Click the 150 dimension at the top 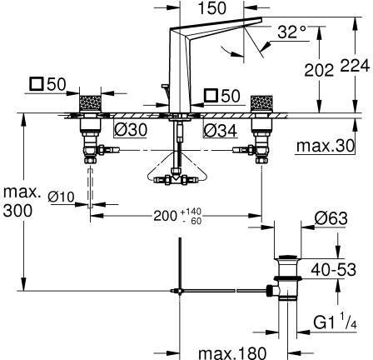pos(212,8)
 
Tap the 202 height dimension pos(319,70)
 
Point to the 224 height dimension pos(355,66)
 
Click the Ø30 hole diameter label pos(131,129)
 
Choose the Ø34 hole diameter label pos(221,130)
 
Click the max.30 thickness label pos(326,145)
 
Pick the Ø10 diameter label pos(61,197)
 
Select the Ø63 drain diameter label pos(331,218)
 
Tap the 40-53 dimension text pos(333,269)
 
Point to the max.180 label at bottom pos(232,353)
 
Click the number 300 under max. pos(17,211)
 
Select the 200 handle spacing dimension pos(166,216)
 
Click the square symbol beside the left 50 pos(37,83)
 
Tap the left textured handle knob pos(90,102)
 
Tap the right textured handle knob pos(260,102)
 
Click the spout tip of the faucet pos(260,19)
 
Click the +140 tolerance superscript pos(191,212)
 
